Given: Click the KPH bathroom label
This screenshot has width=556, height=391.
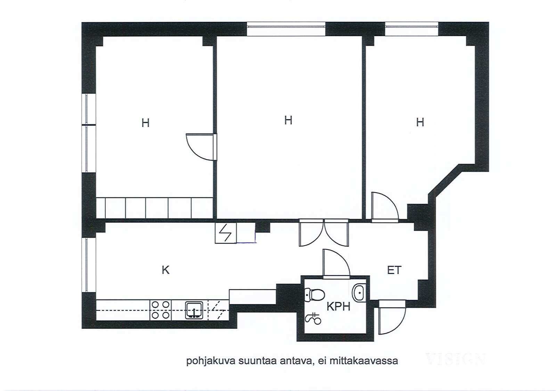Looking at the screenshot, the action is point(338,307).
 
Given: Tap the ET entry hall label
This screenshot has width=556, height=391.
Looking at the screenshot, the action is point(394,270).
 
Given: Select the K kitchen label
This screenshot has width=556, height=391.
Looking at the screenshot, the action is point(165,270).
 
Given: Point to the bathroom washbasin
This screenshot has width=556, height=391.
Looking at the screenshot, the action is point(359,293).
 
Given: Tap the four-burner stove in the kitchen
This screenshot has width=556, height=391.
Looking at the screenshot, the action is point(161,310).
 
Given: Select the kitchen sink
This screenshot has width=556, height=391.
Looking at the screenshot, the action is point(194,310).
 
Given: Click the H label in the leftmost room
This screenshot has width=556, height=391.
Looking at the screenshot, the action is point(146,123).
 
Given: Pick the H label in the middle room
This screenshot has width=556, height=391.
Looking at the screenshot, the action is point(288,120).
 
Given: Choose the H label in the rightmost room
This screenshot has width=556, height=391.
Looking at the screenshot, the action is point(420,122).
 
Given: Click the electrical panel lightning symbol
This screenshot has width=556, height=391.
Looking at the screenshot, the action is point(226,233).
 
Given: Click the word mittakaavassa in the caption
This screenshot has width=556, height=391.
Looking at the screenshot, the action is point(363,361).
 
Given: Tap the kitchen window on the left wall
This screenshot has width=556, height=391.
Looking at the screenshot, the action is point(89,265).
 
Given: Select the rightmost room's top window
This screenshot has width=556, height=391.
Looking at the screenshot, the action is point(412,29).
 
